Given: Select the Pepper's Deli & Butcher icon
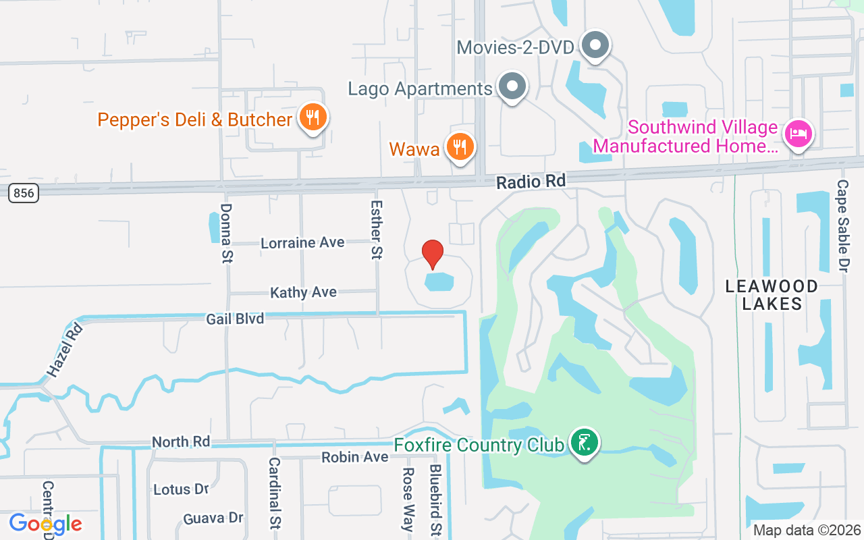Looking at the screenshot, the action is [312, 118].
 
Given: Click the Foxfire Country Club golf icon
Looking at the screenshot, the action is [585, 443].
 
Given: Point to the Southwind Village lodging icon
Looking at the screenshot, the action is [798, 134].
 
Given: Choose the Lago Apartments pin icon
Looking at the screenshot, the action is [512, 86].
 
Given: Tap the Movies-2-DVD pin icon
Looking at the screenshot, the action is [595, 45].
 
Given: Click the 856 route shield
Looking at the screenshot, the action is [24, 193].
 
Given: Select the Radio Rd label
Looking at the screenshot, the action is [531, 181].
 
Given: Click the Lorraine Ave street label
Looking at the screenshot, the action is [302, 242].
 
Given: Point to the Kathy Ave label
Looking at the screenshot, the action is [303, 292].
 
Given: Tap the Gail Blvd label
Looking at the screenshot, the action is [236, 318].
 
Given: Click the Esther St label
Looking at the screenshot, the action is [377, 229].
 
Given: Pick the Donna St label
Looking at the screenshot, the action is [226, 233].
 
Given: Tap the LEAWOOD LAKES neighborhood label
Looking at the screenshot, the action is [772, 295].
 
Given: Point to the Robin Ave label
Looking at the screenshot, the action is [354, 457].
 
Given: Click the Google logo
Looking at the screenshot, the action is [45, 523].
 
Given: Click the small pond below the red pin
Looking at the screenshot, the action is [439, 281].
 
